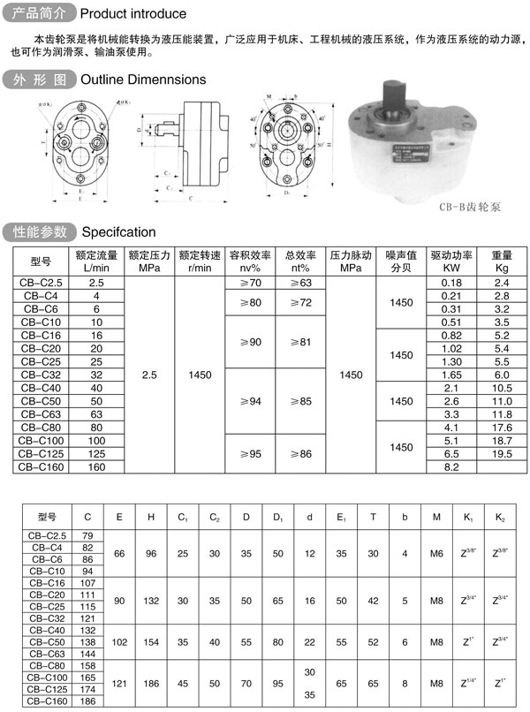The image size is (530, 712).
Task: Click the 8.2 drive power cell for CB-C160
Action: tap(451, 466)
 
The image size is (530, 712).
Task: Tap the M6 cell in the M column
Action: tap(435, 554)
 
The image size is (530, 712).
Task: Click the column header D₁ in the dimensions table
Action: tap(278, 517)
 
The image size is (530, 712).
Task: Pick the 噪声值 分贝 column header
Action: tap(401, 261)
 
